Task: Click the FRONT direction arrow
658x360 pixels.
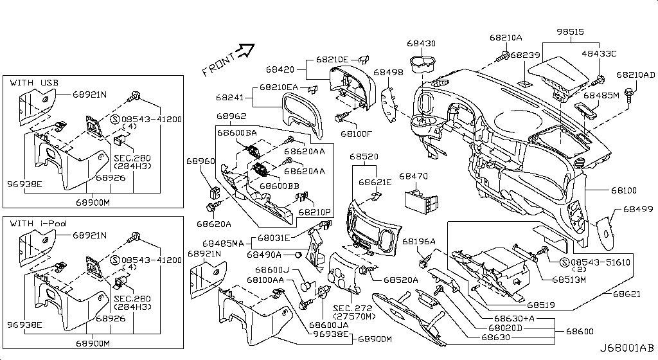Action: tap(245, 50)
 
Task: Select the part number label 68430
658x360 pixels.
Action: tap(421, 44)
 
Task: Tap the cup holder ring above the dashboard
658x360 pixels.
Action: tap(422, 64)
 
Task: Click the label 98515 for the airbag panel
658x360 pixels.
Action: tap(571, 32)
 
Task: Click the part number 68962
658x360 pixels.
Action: tap(231, 116)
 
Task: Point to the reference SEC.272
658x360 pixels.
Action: tap(352, 308)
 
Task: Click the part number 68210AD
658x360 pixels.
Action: tap(636, 75)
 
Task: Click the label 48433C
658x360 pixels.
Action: tap(598, 53)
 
